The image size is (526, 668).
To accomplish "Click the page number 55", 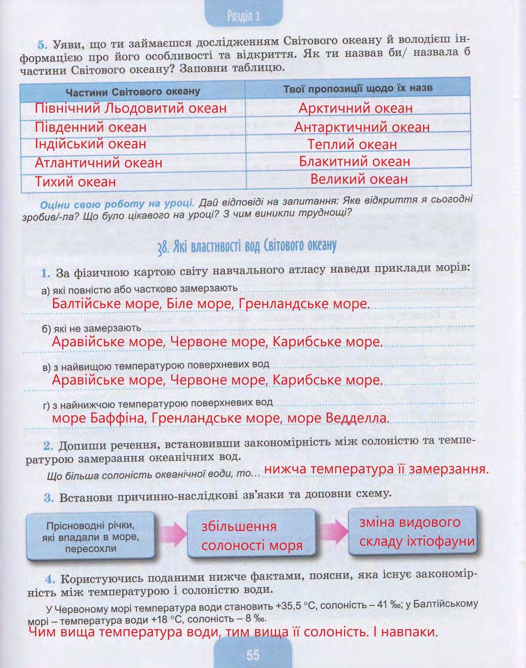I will [x=253, y=655].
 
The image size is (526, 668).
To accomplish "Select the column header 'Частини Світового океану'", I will [x=133, y=92].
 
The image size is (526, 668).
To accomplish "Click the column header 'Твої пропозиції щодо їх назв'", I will [x=358, y=88].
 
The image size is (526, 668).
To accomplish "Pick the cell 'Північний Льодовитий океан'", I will [x=131, y=109].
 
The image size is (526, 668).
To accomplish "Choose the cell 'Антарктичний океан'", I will [x=362, y=127].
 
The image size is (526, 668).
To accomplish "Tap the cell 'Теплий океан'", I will [x=353, y=145].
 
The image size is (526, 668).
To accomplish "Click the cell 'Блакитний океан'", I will [x=354, y=161].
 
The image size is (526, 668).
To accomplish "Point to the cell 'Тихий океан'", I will [x=75, y=182].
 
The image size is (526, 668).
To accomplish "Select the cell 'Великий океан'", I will [x=359, y=180].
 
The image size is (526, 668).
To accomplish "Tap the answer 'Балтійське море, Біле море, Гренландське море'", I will [x=211, y=304].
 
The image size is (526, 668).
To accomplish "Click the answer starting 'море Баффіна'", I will [x=220, y=418].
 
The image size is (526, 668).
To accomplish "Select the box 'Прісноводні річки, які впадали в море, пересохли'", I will [x=91, y=536].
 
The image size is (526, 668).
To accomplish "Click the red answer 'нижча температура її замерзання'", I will [x=375, y=470].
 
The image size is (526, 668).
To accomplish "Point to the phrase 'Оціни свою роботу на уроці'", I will [x=117, y=205].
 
